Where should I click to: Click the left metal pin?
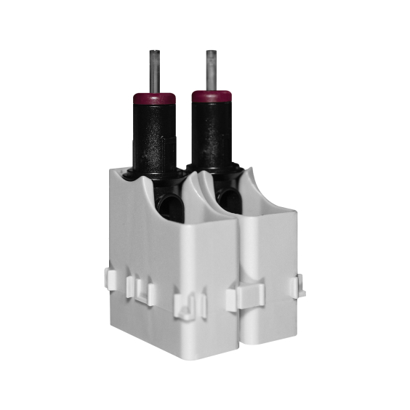click(154, 71)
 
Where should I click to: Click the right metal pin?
click(211, 70)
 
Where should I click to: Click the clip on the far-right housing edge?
click(300, 287)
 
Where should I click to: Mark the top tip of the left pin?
click(154, 52)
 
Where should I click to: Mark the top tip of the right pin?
click(211, 52)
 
